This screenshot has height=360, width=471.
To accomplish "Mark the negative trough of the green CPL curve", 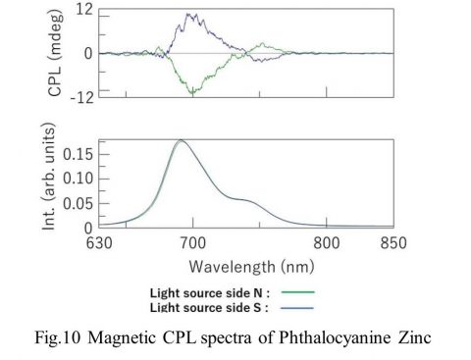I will pos(193,93).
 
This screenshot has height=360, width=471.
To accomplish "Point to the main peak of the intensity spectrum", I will pos(182,140).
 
